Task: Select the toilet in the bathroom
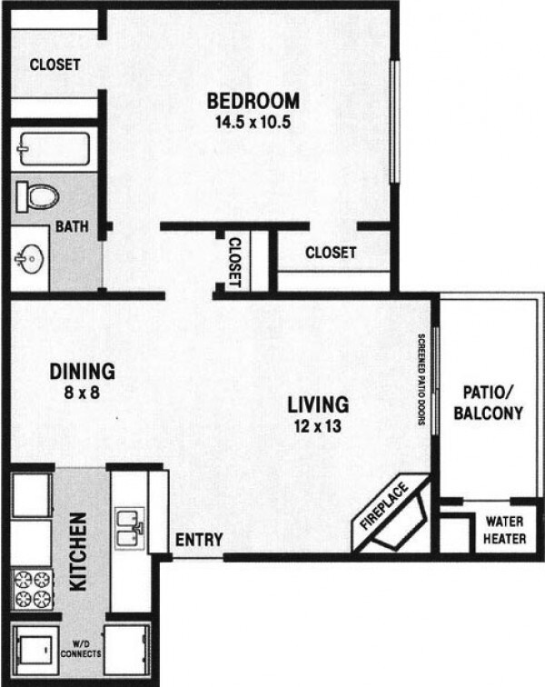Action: pos(37,195)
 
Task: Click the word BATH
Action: pos(71,226)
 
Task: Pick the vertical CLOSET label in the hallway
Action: pos(233,262)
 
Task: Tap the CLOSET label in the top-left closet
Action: pos(54,65)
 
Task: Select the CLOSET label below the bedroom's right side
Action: pos(331,253)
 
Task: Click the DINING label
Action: pos(82,371)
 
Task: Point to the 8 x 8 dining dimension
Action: pos(82,393)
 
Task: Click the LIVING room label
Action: pos(318,403)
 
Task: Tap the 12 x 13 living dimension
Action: pos(318,425)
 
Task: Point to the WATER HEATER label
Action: pos(502,531)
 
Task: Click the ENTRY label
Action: pos(198,540)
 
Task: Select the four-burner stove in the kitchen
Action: pos(33,588)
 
